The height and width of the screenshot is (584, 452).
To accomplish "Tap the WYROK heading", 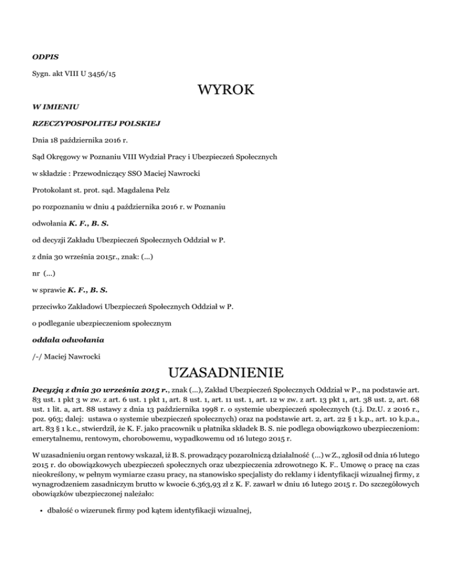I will point(226,91).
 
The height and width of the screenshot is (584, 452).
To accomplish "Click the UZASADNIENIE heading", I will point(226,372).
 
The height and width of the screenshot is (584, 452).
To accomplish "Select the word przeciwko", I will point(51,306).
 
